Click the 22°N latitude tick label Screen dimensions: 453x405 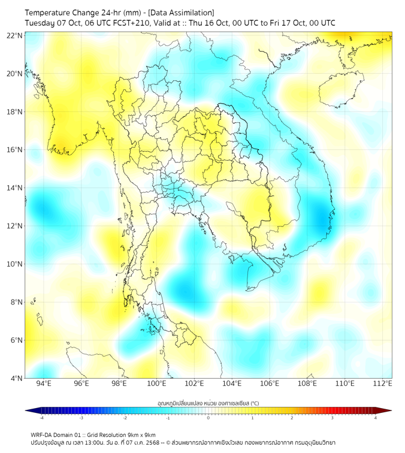coord(15,36)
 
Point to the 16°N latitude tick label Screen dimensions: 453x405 coord(15,150)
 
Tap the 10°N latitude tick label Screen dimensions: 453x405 coord(15,264)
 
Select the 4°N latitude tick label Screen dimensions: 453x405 coord(16,378)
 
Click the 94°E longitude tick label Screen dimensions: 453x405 coord(44,383)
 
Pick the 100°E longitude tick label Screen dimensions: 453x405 coord(157,383)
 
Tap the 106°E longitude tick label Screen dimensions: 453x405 coord(270,383)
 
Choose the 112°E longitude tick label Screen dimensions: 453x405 coord(383,383)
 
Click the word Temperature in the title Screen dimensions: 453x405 coord(49,13)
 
